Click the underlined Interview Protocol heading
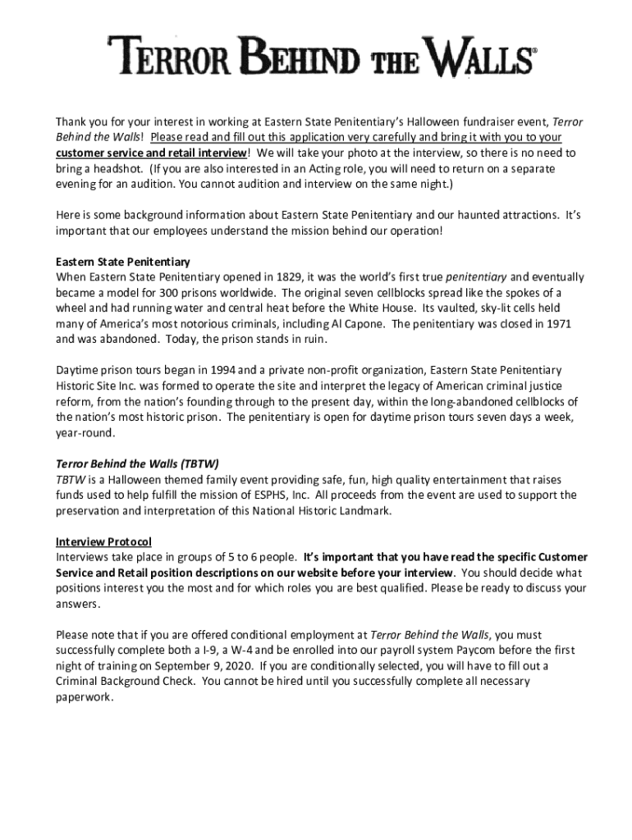103,541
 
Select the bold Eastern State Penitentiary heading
123,262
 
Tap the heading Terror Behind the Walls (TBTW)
137,463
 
